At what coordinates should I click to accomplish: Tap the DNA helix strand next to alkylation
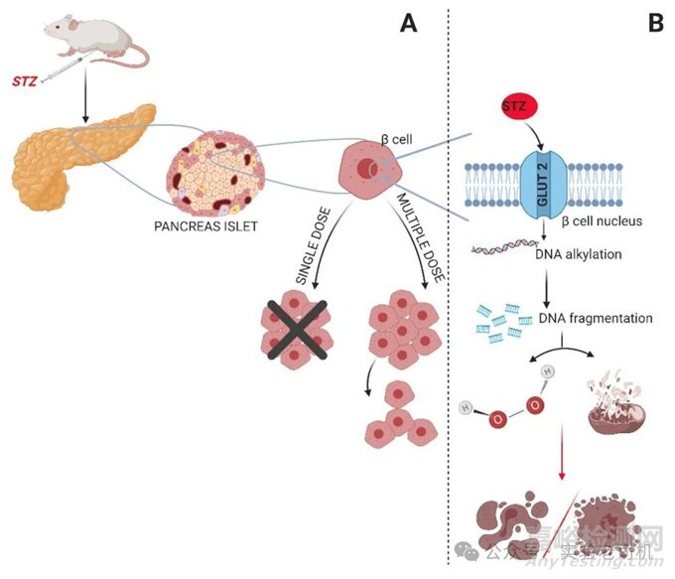tap(497, 256)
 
